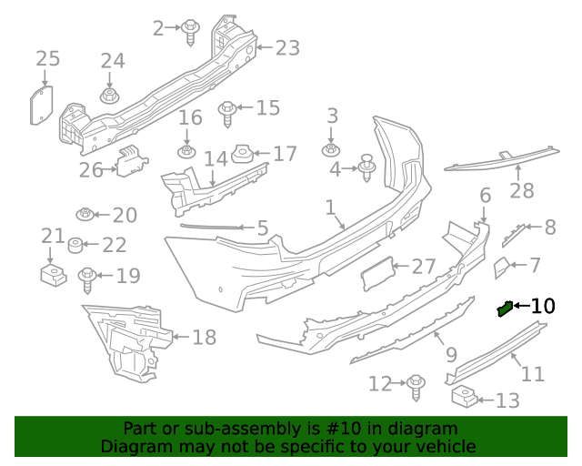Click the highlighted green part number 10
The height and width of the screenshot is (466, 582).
(505, 309)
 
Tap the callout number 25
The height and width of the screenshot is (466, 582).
(47, 59)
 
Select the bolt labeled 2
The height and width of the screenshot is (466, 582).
(192, 31)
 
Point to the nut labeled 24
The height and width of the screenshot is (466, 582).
(110, 95)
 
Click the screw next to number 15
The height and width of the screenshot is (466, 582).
(228, 113)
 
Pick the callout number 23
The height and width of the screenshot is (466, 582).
(287, 47)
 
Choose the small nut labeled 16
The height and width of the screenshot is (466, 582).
(187, 151)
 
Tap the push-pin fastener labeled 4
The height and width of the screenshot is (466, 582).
(367, 167)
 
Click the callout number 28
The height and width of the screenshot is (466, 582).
(521, 191)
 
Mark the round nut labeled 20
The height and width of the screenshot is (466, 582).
(85, 215)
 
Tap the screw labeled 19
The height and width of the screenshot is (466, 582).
(88, 278)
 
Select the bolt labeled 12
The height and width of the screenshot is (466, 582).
(416, 386)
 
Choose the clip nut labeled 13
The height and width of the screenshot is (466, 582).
(464, 398)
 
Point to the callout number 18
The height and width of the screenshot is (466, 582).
(204, 338)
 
